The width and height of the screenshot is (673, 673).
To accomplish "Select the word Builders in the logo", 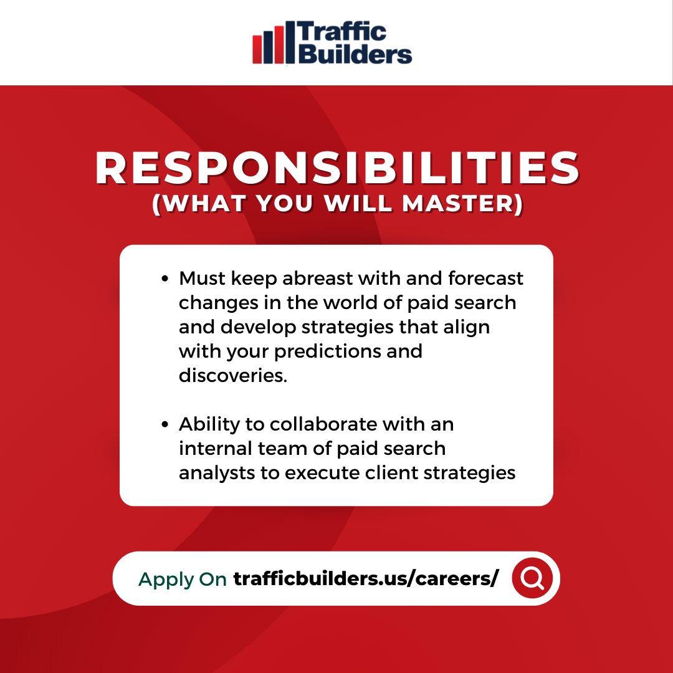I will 355,54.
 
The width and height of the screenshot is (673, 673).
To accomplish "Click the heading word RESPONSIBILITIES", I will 337,169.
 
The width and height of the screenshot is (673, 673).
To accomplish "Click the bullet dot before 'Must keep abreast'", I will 165,279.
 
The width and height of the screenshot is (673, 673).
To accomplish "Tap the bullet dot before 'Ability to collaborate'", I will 165,424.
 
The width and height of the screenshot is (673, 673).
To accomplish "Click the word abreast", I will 309,278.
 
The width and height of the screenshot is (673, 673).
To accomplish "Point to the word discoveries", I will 233,375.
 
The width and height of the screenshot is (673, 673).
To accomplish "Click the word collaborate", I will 323,424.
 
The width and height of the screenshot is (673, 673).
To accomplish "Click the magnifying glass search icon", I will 533,578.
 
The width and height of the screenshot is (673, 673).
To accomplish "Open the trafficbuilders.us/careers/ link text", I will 366,579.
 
